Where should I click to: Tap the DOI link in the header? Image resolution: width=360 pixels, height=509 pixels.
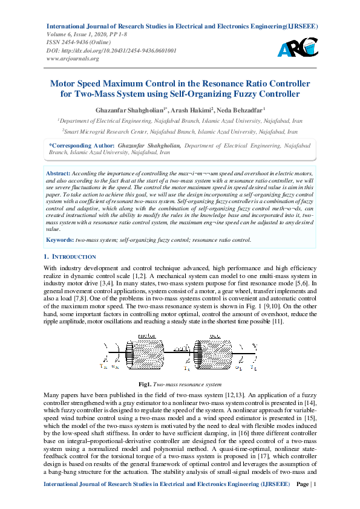111,51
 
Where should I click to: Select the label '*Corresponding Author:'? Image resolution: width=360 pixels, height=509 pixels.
82,146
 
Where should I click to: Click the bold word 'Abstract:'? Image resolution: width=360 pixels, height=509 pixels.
58,173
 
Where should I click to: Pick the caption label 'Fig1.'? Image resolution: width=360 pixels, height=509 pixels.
145,384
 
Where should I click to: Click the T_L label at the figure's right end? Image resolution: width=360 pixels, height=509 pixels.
254,368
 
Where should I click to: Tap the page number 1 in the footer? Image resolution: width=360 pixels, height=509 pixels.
315,500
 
